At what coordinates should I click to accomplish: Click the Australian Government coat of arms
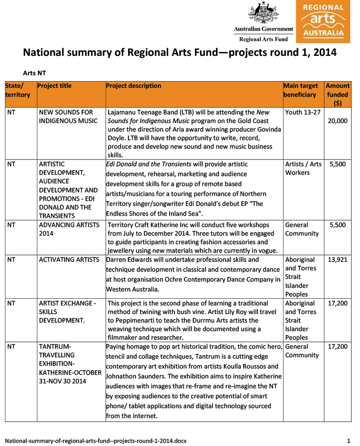coord(263,13)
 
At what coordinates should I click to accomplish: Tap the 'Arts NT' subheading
coord(34,73)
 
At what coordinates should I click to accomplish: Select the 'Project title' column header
coord(54,86)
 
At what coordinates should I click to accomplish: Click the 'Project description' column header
coord(134,86)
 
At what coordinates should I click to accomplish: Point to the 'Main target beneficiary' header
coord(301,90)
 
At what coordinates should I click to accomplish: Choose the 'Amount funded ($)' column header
coord(337,94)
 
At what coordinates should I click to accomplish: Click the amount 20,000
coord(337,121)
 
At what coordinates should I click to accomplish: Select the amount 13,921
coord(337,259)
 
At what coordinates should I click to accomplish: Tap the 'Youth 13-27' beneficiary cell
coord(302,112)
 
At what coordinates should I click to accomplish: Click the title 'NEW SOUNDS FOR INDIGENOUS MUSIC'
coord(68,116)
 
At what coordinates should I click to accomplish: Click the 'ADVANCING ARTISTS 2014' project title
coord(69,229)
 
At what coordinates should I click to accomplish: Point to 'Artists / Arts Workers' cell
coord(303,168)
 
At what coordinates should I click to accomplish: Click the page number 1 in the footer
coord(349,440)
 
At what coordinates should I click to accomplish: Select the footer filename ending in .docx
coord(95,440)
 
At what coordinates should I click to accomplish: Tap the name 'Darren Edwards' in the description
coord(127,259)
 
